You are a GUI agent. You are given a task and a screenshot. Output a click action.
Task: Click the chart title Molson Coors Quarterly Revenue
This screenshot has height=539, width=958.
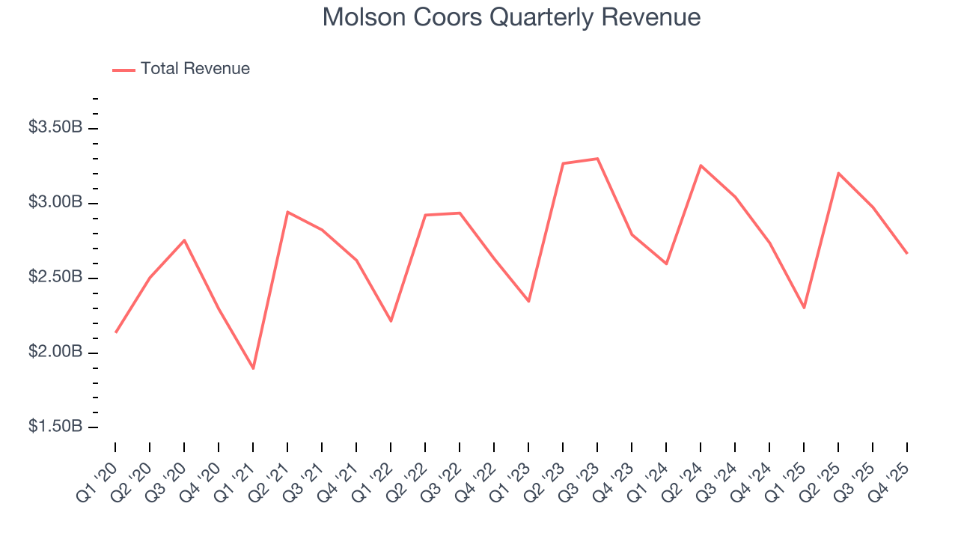click(511, 17)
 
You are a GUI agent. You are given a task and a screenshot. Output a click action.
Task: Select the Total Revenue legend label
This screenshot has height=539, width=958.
click(195, 69)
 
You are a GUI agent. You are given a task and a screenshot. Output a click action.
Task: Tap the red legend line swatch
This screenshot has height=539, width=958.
click(123, 70)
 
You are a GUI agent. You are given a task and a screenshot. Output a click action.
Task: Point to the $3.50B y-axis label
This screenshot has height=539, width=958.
click(55, 128)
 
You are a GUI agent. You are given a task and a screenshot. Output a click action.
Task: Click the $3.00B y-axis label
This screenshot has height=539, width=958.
click(55, 203)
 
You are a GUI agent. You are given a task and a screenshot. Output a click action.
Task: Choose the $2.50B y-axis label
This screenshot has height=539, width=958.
click(55, 278)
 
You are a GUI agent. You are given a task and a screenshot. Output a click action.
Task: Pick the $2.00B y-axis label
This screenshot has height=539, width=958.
click(55, 353)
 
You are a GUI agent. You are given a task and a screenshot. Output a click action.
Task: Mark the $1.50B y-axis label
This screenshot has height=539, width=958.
click(55, 427)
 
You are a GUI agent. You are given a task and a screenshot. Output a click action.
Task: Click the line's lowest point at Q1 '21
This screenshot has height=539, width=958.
click(253, 368)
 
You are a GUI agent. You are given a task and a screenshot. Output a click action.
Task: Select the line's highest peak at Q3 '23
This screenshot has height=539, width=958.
click(597, 159)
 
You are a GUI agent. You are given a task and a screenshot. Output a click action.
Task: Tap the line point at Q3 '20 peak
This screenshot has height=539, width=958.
click(184, 240)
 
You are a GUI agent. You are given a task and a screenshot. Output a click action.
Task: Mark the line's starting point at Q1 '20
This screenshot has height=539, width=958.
click(115, 332)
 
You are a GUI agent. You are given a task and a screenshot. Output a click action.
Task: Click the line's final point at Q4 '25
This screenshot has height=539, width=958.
click(907, 253)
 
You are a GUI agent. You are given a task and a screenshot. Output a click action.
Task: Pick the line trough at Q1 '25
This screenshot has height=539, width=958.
click(804, 308)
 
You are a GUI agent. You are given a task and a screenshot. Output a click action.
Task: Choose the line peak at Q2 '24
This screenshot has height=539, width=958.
click(701, 165)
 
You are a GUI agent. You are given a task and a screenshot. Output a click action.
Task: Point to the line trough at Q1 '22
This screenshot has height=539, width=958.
click(391, 321)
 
